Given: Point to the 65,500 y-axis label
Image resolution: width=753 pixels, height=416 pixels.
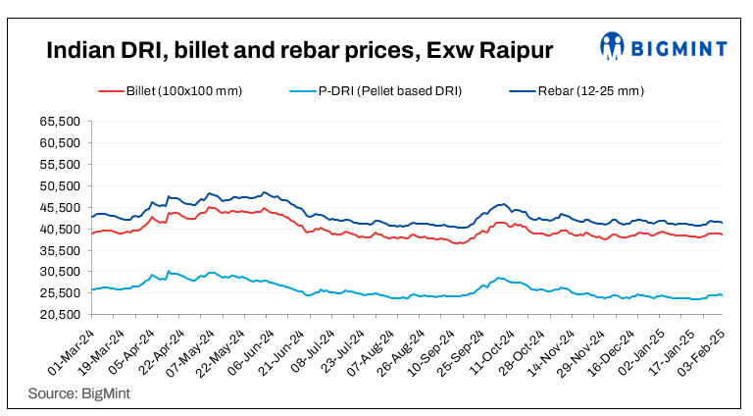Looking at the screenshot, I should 58,122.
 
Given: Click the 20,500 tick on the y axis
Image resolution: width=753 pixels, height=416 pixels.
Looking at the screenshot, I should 58,315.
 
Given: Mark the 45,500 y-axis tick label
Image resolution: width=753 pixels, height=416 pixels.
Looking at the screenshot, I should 58,208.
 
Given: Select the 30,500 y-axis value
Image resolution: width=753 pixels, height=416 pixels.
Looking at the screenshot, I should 58,272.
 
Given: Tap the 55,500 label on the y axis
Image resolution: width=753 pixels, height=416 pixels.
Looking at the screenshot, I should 58,165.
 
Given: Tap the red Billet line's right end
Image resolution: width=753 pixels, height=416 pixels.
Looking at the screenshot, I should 723,234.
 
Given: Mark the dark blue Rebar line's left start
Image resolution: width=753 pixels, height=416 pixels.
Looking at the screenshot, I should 92,217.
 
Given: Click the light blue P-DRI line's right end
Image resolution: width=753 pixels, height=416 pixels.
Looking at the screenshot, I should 723,295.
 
